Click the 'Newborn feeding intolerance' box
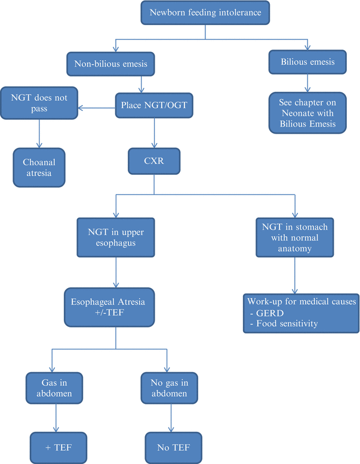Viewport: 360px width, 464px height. [x=206, y=13]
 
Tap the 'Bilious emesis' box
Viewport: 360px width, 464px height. [x=307, y=61]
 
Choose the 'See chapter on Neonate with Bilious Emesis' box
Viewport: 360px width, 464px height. [x=307, y=113]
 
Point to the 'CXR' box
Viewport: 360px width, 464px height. [x=154, y=160]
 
